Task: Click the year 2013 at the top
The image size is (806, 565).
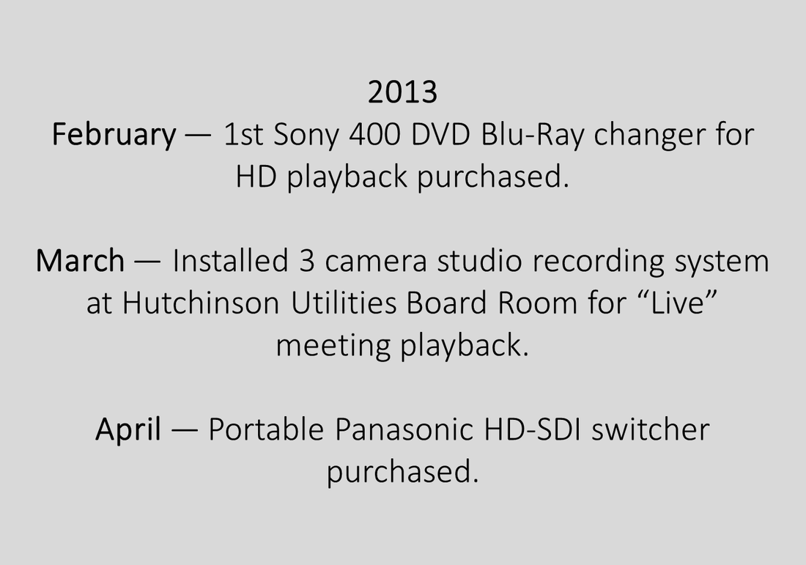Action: click(402, 92)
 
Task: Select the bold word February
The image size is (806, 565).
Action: click(114, 136)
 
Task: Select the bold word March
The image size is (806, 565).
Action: click(80, 261)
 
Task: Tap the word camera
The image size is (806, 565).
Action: click(376, 262)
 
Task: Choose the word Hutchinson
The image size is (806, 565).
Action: click(201, 303)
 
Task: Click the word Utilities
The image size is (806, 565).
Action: click(344, 303)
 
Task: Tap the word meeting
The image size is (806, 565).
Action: click(333, 346)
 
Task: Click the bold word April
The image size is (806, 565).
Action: click(128, 429)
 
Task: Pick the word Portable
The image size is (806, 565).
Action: click(266, 429)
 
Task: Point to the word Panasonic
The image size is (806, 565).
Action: click(404, 429)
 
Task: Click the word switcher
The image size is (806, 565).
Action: click(651, 429)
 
